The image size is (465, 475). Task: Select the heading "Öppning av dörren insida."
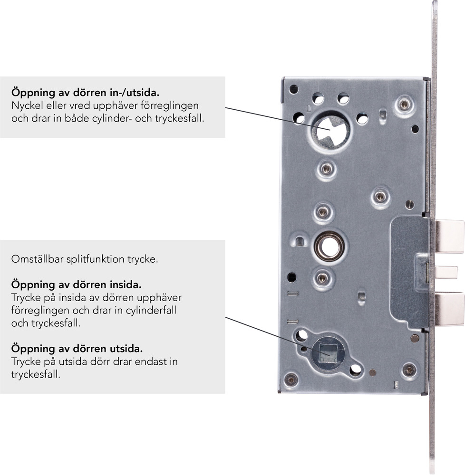pos(77,285)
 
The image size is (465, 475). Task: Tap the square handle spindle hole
pos(328,353)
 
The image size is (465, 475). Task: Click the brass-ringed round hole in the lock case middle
pos(329,246)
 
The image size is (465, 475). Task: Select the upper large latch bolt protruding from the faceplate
pos(449,237)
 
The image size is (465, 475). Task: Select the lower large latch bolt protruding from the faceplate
pos(449,309)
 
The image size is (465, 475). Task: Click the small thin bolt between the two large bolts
pos(446,272)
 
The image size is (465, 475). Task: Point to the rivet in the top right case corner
pos(404,105)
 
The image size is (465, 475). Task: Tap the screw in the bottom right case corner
pos(409,370)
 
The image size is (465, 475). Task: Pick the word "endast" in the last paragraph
pos(148,361)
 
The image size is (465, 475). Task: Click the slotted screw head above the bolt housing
pos(409,205)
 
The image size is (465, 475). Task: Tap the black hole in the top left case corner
pos(293,89)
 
